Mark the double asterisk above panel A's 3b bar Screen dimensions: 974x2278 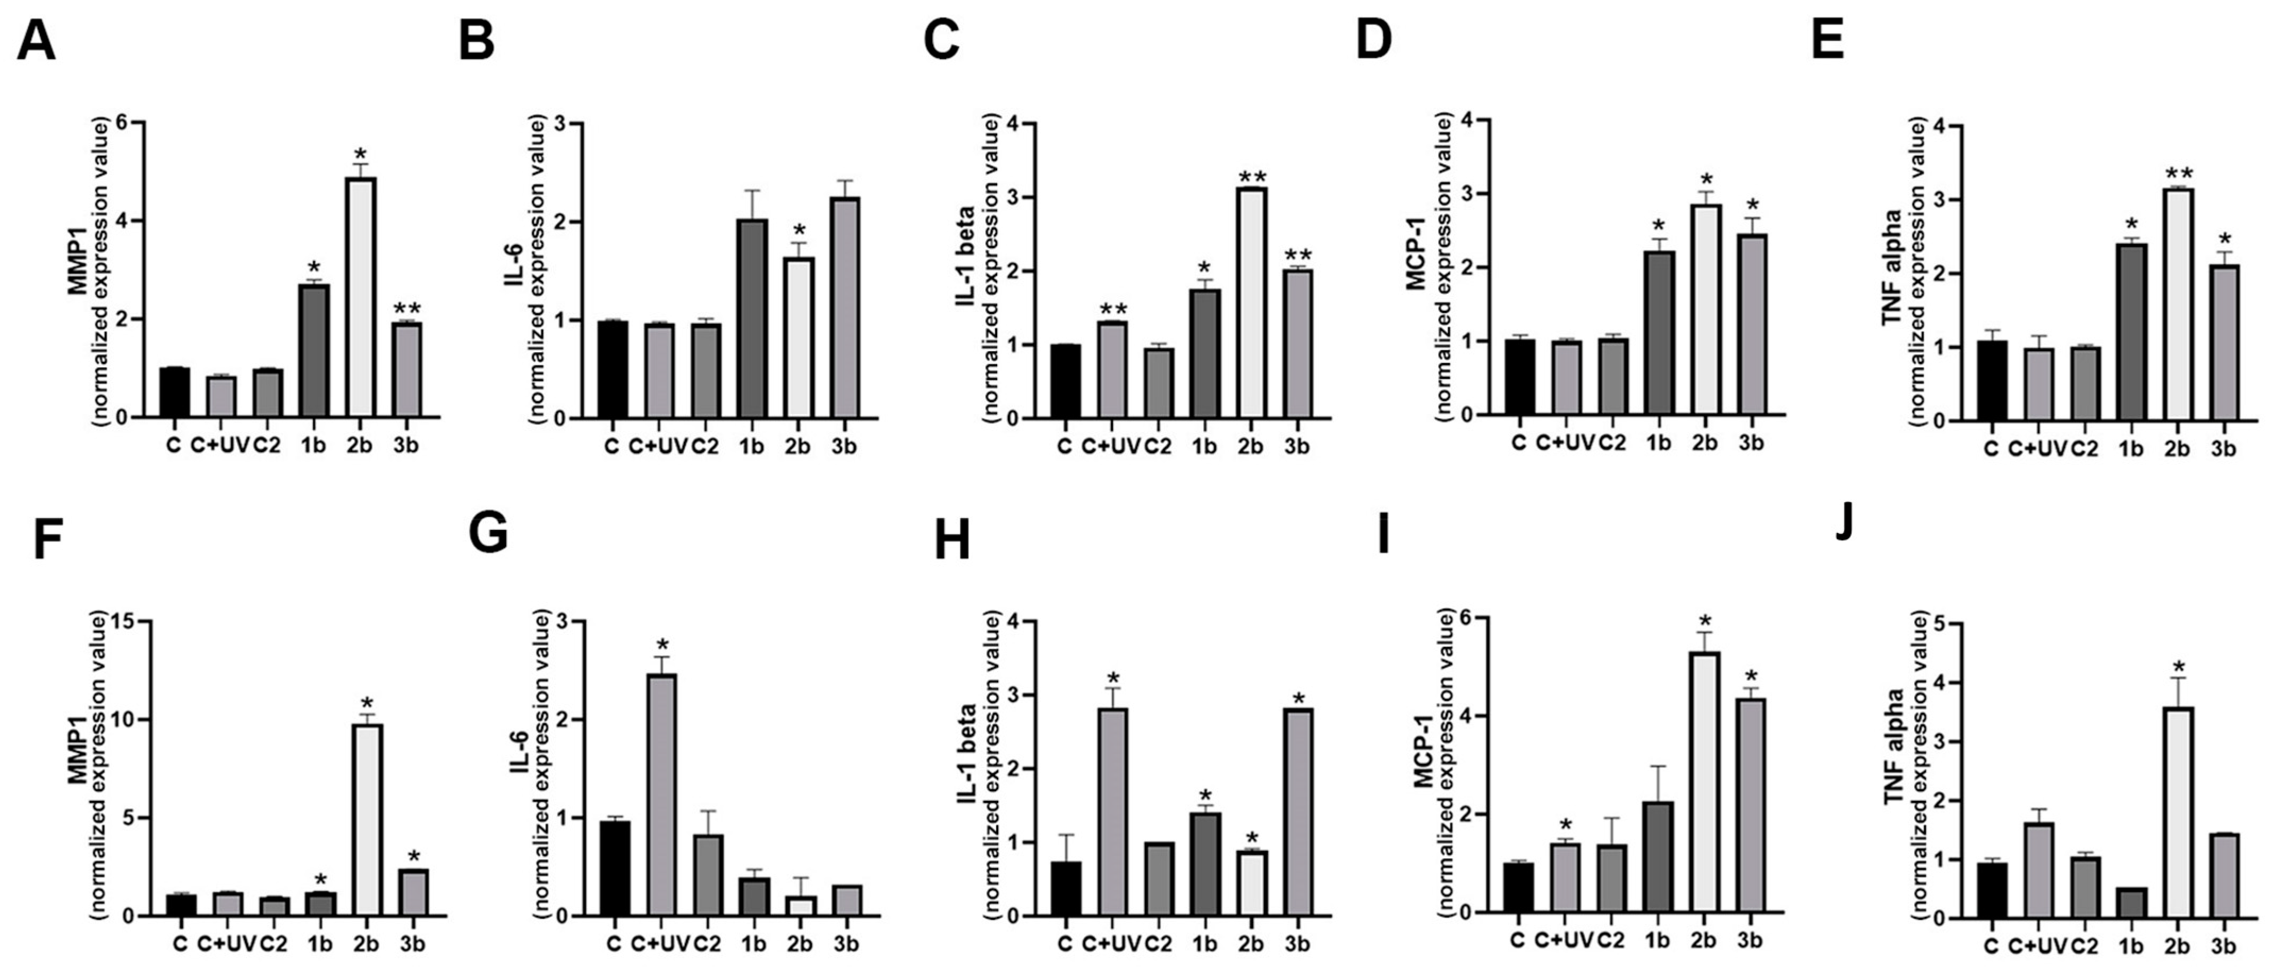pyautogui.click(x=407, y=309)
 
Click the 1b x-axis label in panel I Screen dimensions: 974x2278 pyautogui.click(x=1657, y=939)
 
